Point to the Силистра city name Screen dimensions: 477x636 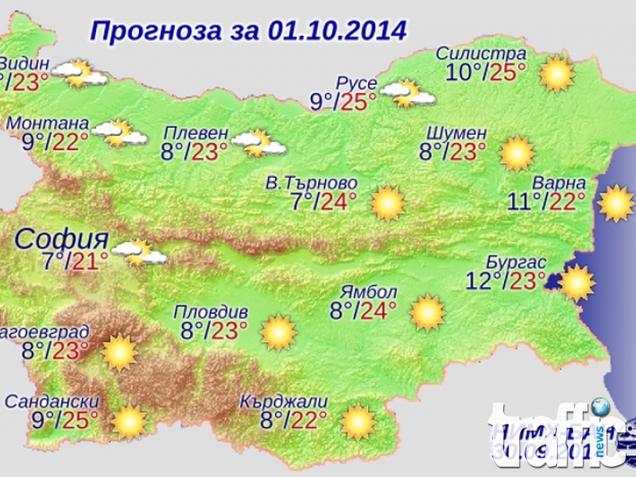point(481,54)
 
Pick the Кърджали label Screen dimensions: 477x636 point(283,402)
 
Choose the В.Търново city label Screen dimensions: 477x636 point(311,183)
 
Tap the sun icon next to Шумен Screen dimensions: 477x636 point(517,153)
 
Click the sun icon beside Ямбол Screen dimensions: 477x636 point(428,312)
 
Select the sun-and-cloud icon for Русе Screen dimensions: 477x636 point(407,94)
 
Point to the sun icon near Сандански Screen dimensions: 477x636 point(129,422)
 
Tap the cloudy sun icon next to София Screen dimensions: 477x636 point(139,253)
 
